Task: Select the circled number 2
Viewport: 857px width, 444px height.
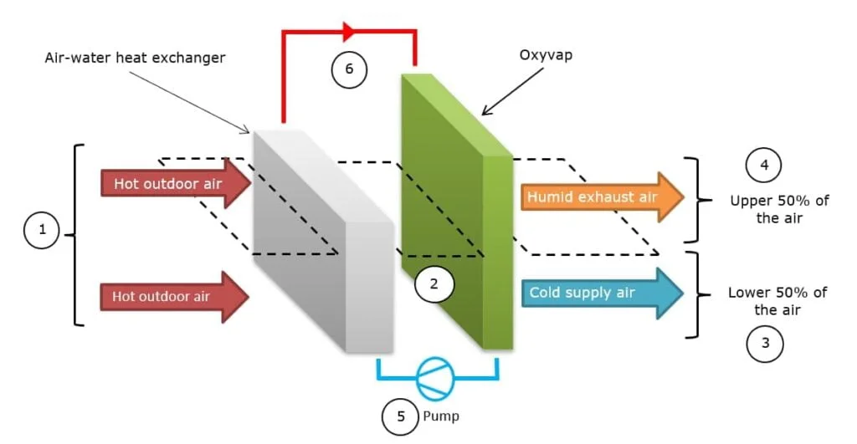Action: pyautogui.click(x=434, y=284)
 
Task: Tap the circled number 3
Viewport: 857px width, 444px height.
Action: pyautogui.click(x=765, y=342)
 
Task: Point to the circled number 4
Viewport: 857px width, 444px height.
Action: pyautogui.click(x=764, y=166)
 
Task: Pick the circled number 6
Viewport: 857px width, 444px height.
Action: pyautogui.click(x=350, y=70)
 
